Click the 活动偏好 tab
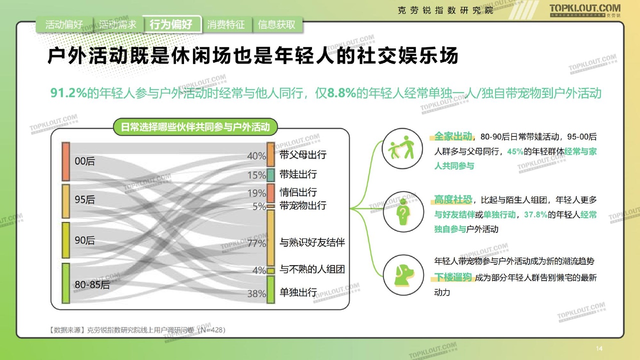(x=64, y=24)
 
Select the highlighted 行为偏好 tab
(x=171, y=24)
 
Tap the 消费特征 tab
(x=226, y=24)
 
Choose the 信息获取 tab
(x=276, y=24)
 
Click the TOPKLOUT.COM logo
(x=585, y=10)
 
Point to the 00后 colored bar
(x=65, y=161)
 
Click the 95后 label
(x=84, y=199)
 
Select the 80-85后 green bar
(x=65, y=283)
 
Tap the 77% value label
(x=256, y=243)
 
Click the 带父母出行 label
(x=303, y=154)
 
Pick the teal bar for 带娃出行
(x=270, y=175)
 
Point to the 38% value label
(x=256, y=293)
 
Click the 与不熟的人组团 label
(x=312, y=269)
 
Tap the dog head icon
(x=403, y=275)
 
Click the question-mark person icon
(x=403, y=211)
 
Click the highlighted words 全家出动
(x=453, y=136)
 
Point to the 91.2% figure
(x=68, y=93)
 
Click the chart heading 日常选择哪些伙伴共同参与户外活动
(x=195, y=127)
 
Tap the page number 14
(x=599, y=348)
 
